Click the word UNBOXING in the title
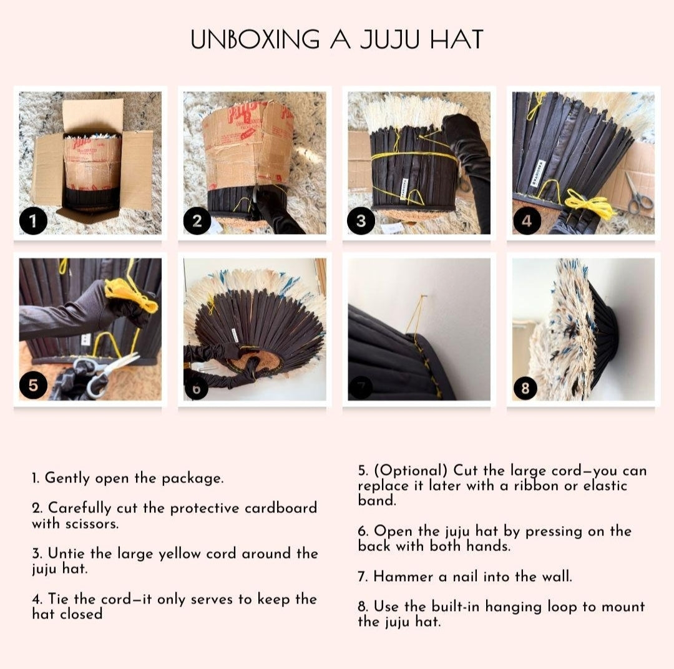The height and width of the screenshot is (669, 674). pos(255,39)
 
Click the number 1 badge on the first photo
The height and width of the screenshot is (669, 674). pos(33,221)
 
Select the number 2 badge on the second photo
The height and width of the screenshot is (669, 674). pos(197,221)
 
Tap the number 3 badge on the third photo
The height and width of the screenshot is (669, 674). pos(361,221)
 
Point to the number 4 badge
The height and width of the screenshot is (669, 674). pos(526,221)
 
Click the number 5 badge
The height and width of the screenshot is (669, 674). pos(33,385)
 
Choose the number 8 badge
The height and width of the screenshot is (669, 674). pos(525,388)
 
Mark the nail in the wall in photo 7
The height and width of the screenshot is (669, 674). pos(423,296)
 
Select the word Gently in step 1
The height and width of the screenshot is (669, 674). pos(67,479)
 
